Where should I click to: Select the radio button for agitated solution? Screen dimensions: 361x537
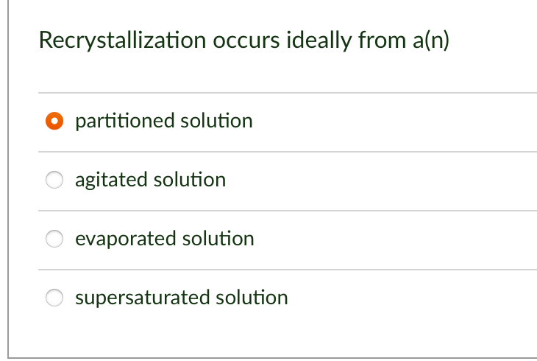click(54, 180)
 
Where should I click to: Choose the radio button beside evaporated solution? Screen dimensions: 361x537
click(54, 239)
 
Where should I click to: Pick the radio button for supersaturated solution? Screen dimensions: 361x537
click(54, 298)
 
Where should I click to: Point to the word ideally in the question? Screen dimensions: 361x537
click(318, 41)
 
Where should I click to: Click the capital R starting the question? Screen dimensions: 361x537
click(44, 41)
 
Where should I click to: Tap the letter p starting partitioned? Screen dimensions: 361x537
click(79, 122)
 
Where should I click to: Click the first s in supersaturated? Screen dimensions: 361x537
click(79, 298)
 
